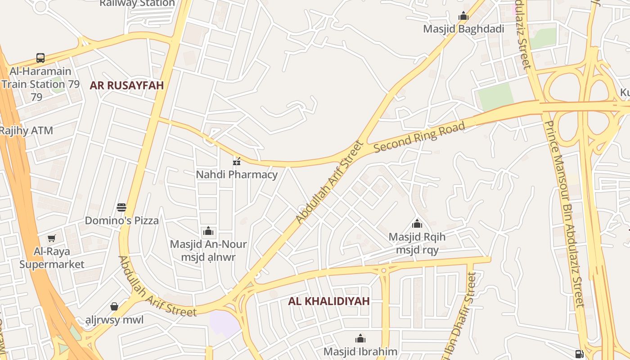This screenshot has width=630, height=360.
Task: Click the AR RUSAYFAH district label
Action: pos(126,85)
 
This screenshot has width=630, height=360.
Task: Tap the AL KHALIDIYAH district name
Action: pos(329,301)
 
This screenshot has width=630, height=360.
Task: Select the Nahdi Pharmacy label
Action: pos(237,174)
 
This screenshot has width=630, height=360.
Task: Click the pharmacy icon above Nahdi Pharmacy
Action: pos(237,161)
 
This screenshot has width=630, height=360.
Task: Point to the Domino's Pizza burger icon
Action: pos(121,207)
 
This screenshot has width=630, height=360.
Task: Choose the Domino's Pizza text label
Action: pos(122,220)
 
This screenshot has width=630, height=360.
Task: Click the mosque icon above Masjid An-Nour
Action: pos(208,231)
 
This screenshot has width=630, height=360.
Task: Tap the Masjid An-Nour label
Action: pos(208,244)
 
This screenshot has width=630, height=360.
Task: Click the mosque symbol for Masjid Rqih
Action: pos(417,224)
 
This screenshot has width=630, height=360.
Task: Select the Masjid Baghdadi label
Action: pos(463,29)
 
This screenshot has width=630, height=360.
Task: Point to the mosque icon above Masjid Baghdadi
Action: pos(463,17)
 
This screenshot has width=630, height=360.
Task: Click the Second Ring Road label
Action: pos(419,137)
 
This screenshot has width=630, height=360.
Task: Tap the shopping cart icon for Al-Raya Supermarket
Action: pos(52,238)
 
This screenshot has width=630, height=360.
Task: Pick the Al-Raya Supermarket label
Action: pos(52,257)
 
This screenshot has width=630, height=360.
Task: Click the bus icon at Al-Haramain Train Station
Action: pos(40,58)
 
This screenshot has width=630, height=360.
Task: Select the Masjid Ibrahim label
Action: pos(360,351)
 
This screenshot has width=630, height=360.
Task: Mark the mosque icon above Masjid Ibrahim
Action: pos(360,338)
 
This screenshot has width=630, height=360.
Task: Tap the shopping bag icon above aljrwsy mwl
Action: pos(114,306)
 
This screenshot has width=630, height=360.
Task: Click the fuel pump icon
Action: pos(580,354)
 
